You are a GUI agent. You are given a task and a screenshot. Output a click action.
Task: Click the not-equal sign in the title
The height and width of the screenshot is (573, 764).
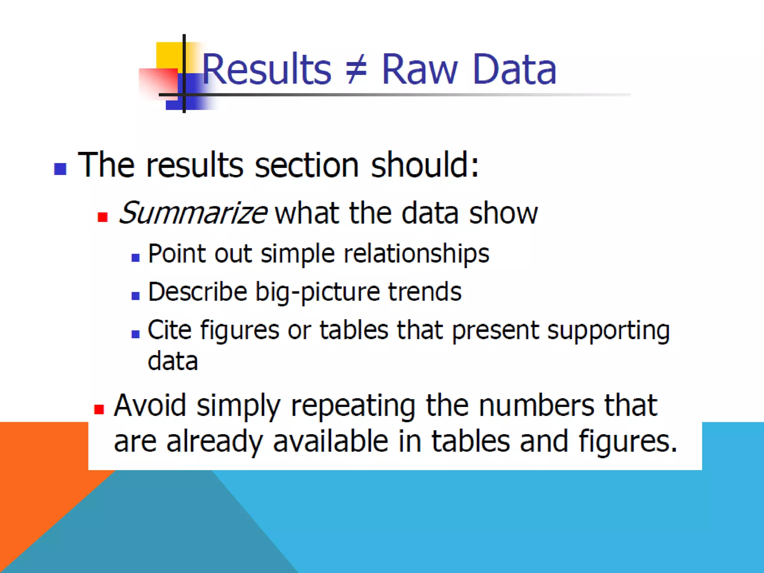click(356, 69)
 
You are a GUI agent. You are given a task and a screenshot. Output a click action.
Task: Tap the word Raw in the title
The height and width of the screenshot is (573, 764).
click(419, 69)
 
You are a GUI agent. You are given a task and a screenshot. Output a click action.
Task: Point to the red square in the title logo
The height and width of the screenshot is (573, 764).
click(157, 83)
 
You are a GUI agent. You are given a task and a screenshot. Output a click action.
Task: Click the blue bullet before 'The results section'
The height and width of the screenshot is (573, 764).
click(60, 169)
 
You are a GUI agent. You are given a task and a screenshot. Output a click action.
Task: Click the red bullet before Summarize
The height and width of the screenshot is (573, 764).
click(103, 217)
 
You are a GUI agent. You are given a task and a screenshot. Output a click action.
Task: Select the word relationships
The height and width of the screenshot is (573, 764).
click(416, 254)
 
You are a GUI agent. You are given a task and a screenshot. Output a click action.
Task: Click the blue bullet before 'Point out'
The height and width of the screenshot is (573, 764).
click(135, 257)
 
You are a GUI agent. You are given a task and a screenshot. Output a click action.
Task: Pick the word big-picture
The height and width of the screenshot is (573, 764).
click(317, 292)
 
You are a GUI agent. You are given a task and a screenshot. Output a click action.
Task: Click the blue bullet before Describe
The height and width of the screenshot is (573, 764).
click(135, 296)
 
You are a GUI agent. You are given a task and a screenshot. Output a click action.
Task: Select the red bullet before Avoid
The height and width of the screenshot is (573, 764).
click(99, 409)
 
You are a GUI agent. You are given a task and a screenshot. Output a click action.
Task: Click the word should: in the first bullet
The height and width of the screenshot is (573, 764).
click(425, 165)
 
